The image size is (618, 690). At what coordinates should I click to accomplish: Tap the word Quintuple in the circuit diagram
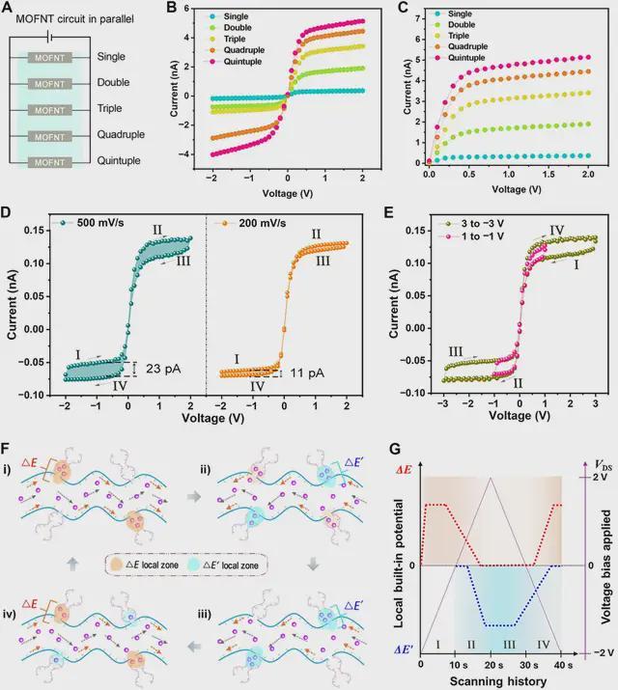point(119,161)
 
